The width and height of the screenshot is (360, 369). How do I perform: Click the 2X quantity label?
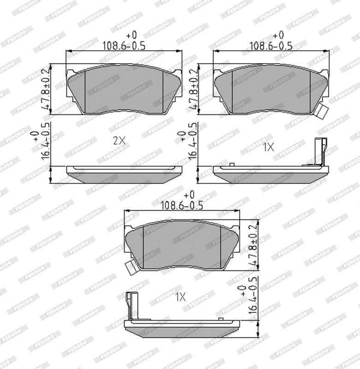tap(119, 141)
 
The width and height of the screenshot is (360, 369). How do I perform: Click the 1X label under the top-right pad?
tap(268, 147)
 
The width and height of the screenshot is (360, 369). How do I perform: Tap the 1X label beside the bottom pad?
tap(180, 297)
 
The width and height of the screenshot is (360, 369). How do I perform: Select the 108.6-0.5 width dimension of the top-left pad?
tap(124, 45)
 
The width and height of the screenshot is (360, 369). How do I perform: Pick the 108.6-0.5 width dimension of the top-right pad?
tap(271, 45)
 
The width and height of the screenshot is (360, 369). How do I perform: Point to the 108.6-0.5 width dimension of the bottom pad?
tap(182, 205)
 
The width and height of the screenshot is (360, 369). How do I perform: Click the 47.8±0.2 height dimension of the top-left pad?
tap(46, 89)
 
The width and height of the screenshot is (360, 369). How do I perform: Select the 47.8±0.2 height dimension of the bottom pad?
tap(253, 245)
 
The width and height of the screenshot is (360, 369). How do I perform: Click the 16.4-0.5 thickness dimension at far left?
tap(46, 141)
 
